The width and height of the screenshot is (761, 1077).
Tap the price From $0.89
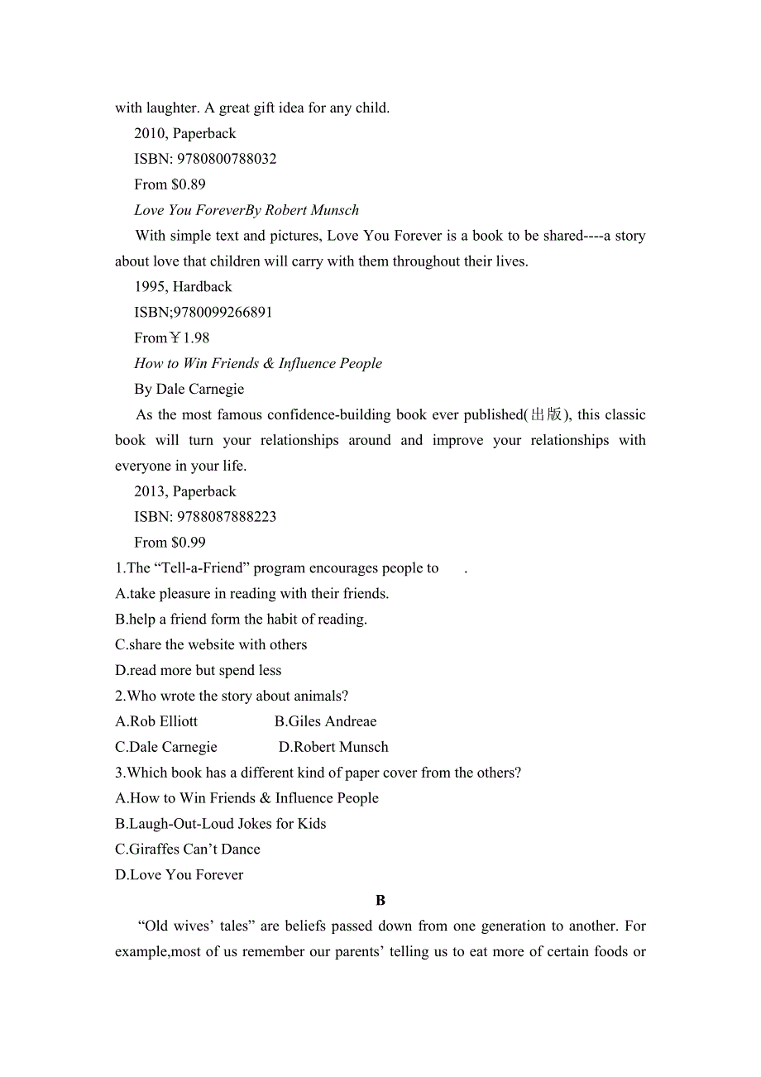click(x=170, y=184)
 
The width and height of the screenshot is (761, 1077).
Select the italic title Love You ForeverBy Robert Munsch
click(x=246, y=210)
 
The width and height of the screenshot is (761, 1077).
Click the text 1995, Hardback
click(x=183, y=287)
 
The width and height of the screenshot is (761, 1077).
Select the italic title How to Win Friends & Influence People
click(x=258, y=364)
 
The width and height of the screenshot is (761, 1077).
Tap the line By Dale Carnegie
click(x=189, y=390)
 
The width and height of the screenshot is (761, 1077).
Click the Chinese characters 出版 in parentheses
click(x=546, y=415)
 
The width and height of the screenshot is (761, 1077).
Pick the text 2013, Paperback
click(x=184, y=491)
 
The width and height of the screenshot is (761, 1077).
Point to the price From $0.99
click(x=170, y=543)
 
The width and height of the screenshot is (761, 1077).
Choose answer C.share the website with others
click(x=211, y=645)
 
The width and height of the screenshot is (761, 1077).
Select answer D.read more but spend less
click(x=199, y=671)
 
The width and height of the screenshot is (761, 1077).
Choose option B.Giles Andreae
click(x=325, y=722)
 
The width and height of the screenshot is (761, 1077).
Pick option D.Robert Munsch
click(x=333, y=748)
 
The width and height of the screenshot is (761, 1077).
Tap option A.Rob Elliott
click(x=156, y=722)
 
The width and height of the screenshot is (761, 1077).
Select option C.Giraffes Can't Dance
click(x=188, y=850)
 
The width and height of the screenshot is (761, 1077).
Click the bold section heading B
click(x=380, y=901)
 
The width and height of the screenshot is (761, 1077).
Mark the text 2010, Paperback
click(x=184, y=134)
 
